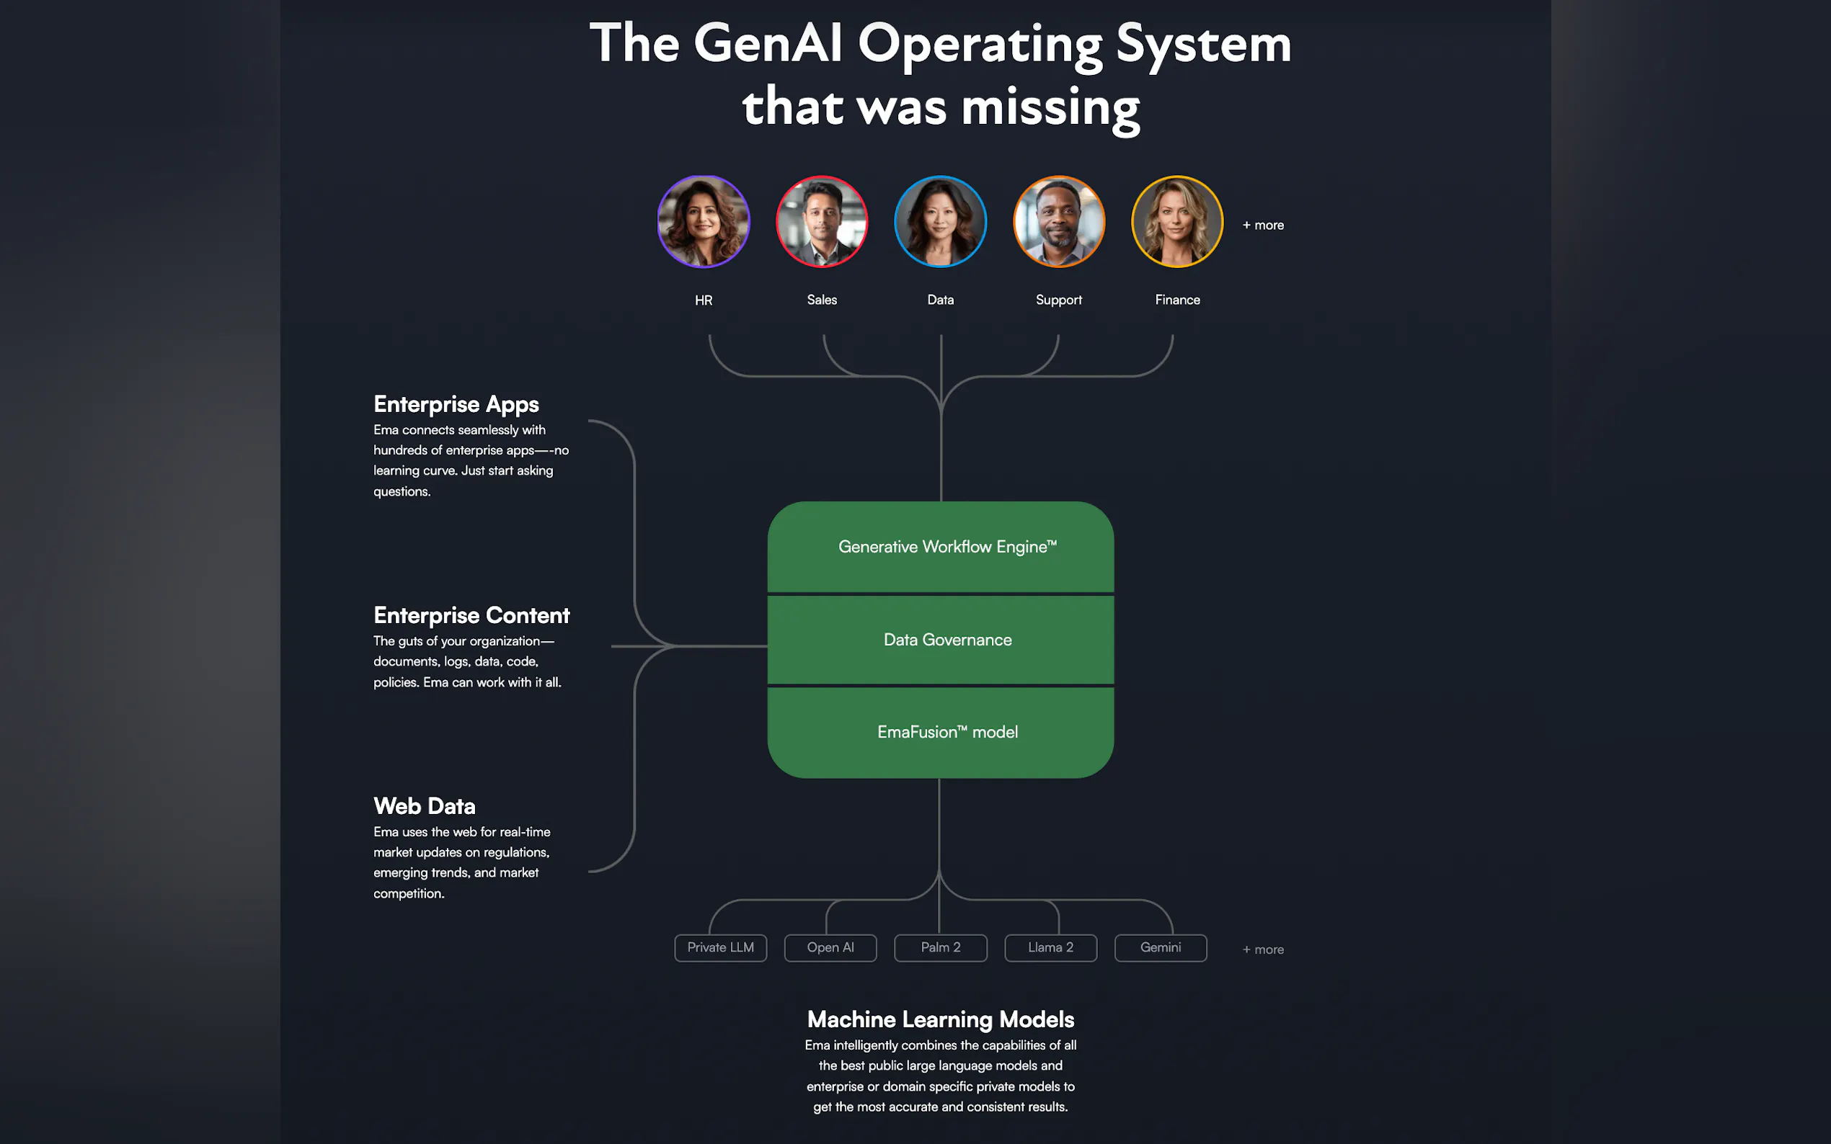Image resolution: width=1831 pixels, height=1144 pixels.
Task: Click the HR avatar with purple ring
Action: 703,222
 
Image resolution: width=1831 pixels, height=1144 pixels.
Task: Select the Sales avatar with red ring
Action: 822,222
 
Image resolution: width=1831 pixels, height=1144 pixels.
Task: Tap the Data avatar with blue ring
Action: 940,222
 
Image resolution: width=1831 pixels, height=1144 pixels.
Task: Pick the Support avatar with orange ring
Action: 1059,222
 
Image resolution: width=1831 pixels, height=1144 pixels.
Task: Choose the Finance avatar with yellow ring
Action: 1177,222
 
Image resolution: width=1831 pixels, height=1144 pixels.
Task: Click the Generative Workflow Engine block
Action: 941,547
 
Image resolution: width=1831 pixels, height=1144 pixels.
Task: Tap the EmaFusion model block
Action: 941,733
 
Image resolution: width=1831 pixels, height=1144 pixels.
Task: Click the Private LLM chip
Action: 721,948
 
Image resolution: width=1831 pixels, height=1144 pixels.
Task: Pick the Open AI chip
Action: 830,948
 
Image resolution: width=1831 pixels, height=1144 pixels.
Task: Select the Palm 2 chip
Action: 941,948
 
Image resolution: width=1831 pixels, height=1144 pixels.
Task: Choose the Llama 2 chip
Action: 1050,948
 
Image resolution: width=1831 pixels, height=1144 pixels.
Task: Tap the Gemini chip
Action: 1161,948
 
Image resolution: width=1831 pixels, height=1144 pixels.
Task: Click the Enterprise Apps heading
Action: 456,405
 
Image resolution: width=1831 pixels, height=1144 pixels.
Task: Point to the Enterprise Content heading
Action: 471,616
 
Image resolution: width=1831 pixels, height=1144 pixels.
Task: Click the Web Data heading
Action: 425,807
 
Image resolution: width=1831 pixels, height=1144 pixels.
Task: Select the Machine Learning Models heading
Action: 941,1020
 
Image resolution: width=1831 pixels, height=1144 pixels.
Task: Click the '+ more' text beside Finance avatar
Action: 1263,225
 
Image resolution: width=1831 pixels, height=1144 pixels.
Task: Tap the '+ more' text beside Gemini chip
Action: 1263,949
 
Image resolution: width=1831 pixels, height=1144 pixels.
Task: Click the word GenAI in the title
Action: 768,43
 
